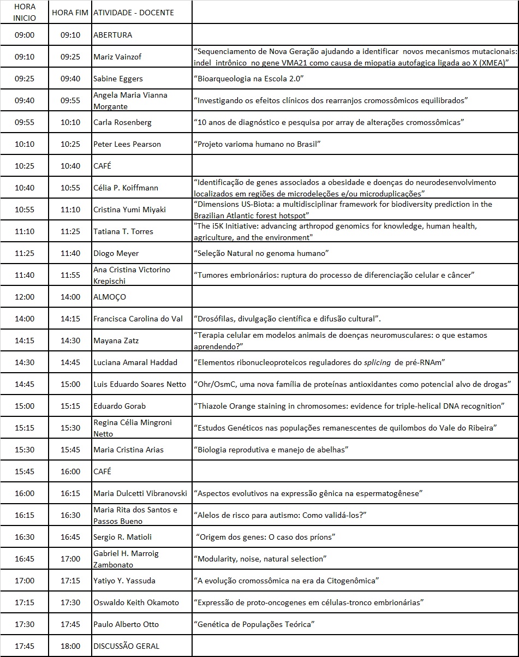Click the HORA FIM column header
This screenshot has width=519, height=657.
pos(70,12)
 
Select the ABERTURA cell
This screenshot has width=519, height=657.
pos(113,35)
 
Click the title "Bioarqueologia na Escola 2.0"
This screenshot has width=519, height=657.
pos(248,79)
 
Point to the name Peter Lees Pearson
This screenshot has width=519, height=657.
pos(127,144)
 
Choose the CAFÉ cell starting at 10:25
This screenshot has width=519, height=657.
pos(103,166)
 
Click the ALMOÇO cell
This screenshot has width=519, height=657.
pos(110,297)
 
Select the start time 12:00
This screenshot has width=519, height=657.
pos(25,297)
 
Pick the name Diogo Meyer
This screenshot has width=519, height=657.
pos(116,253)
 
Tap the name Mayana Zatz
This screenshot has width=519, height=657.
pos(116,341)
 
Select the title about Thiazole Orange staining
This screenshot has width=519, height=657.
pos(349,406)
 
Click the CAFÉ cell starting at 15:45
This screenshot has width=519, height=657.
pos(103,471)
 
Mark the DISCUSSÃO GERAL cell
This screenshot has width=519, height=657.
pos(127,646)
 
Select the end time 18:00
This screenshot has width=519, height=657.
pos(70,646)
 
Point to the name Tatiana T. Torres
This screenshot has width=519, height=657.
pos(123,231)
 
